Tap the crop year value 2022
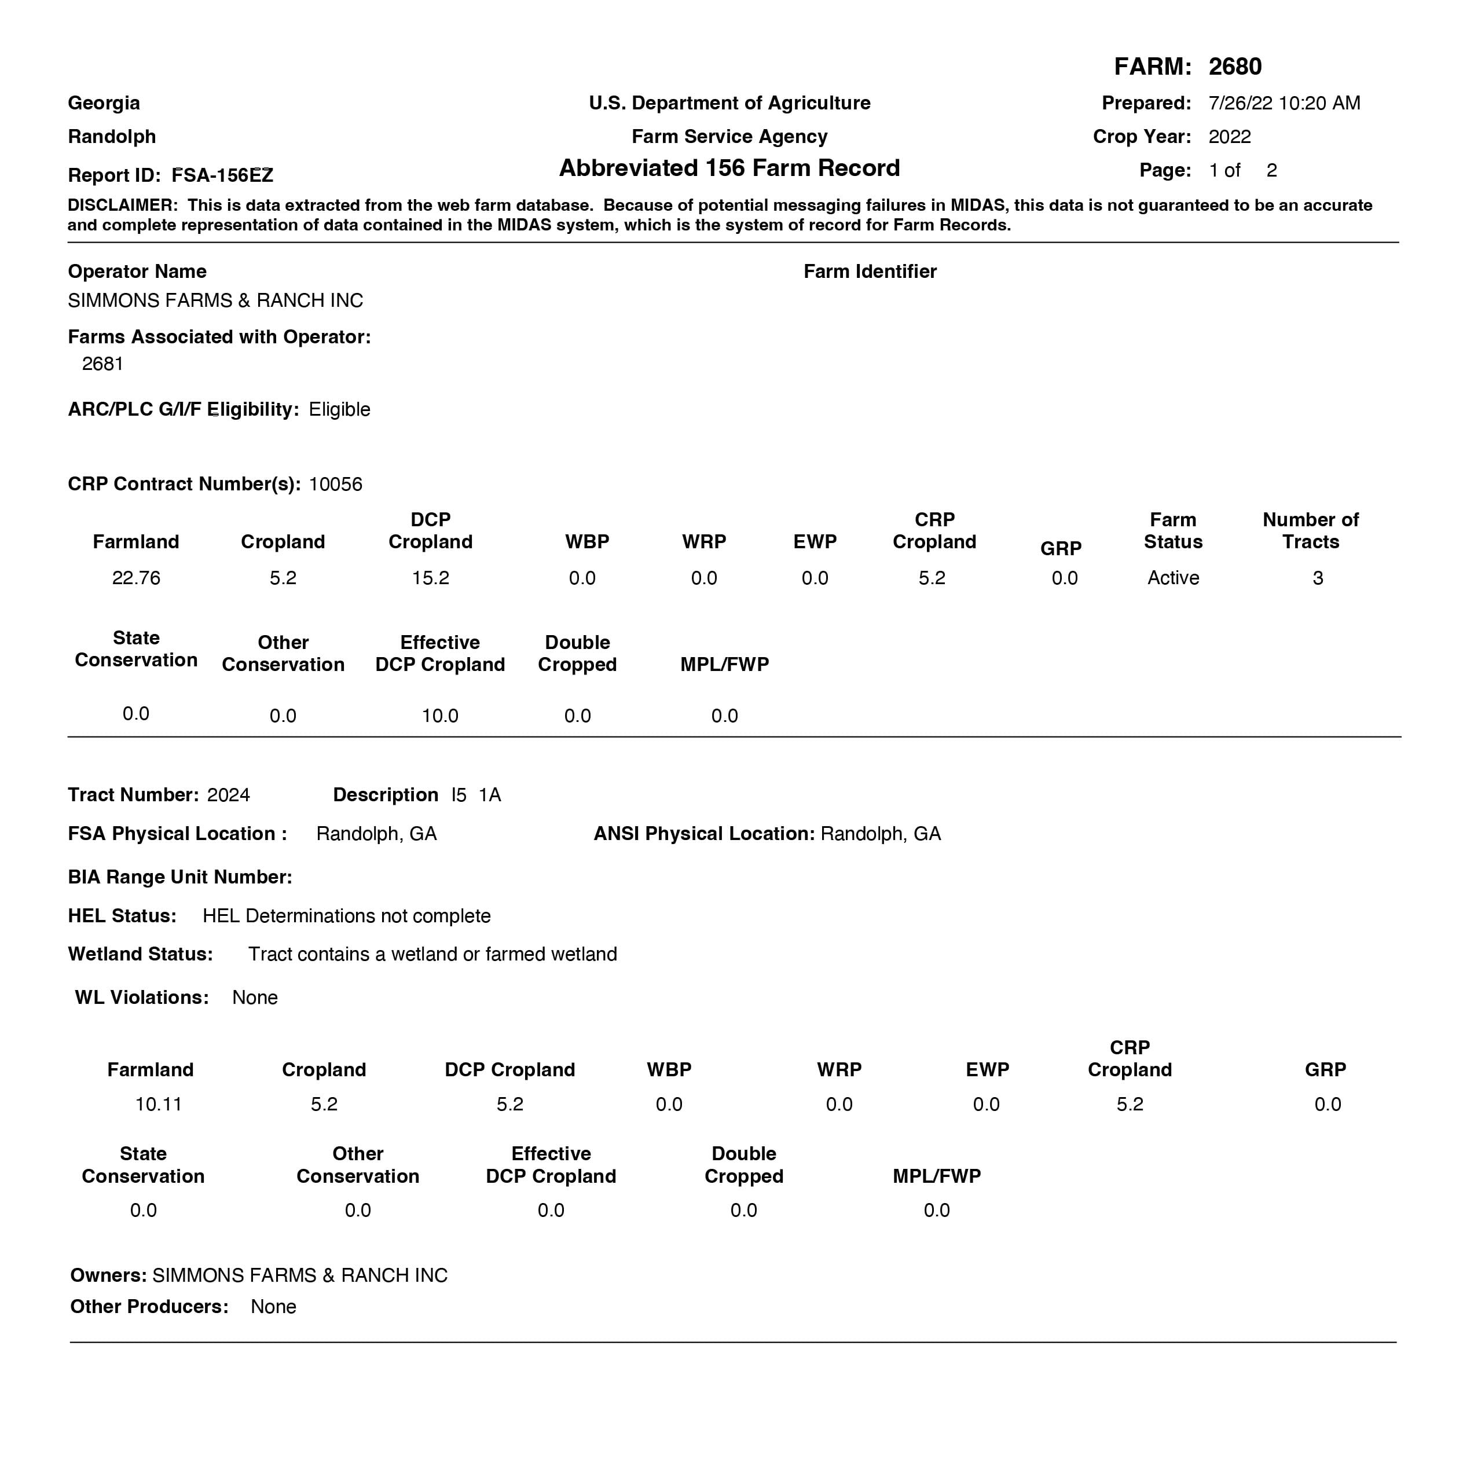coord(1229,137)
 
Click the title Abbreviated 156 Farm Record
coord(729,168)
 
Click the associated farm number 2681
coord(102,364)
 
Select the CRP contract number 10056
coord(335,485)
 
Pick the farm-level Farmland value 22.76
coord(136,578)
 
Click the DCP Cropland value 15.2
coord(430,578)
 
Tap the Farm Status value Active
coord(1172,578)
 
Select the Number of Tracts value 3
coord(1318,578)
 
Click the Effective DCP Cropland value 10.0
coord(439,716)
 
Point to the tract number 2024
coord(228,795)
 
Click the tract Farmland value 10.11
coord(158,1104)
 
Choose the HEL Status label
coord(122,915)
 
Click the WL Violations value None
coord(255,998)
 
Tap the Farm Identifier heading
coord(870,272)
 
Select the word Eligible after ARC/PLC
coord(339,410)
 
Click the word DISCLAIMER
coord(122,205)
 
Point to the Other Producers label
coord(149,1307)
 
